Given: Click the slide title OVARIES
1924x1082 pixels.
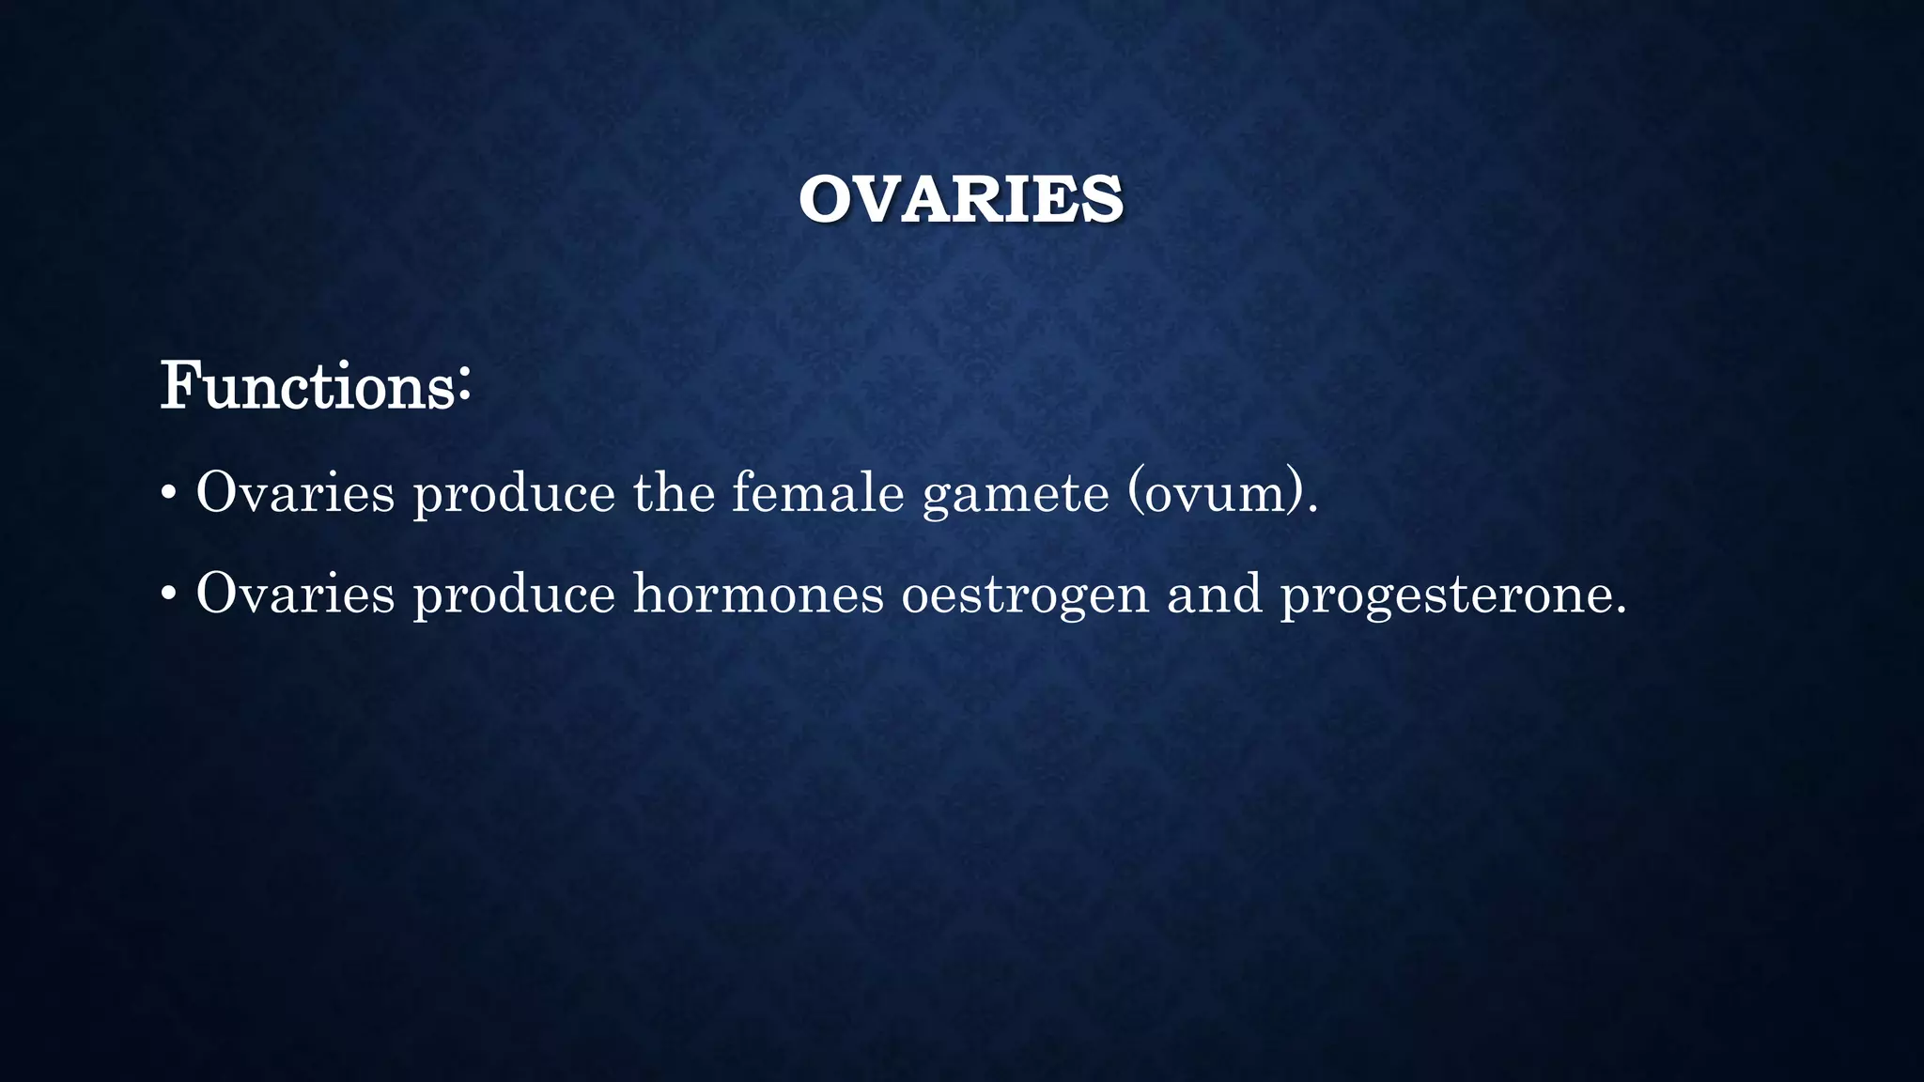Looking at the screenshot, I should click(x=960, y=199).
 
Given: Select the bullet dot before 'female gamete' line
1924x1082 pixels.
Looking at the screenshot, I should click(x=168, y=493).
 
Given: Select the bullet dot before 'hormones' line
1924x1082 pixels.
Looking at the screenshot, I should click(x=168, y=595).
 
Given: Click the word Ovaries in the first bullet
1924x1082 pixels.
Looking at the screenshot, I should click(x=295, y=492).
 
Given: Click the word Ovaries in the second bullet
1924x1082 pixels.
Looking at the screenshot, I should click(x=295, y=594).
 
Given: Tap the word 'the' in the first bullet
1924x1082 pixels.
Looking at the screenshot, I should click(x=674, y=492).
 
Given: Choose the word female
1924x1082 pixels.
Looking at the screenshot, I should click(x=817, y=492).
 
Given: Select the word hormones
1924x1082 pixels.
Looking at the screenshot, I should click(x=758, y=594).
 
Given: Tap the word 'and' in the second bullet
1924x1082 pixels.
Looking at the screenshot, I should click(x=1214, y=594).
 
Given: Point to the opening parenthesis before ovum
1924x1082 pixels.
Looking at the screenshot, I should click(x=1135, y=492).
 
